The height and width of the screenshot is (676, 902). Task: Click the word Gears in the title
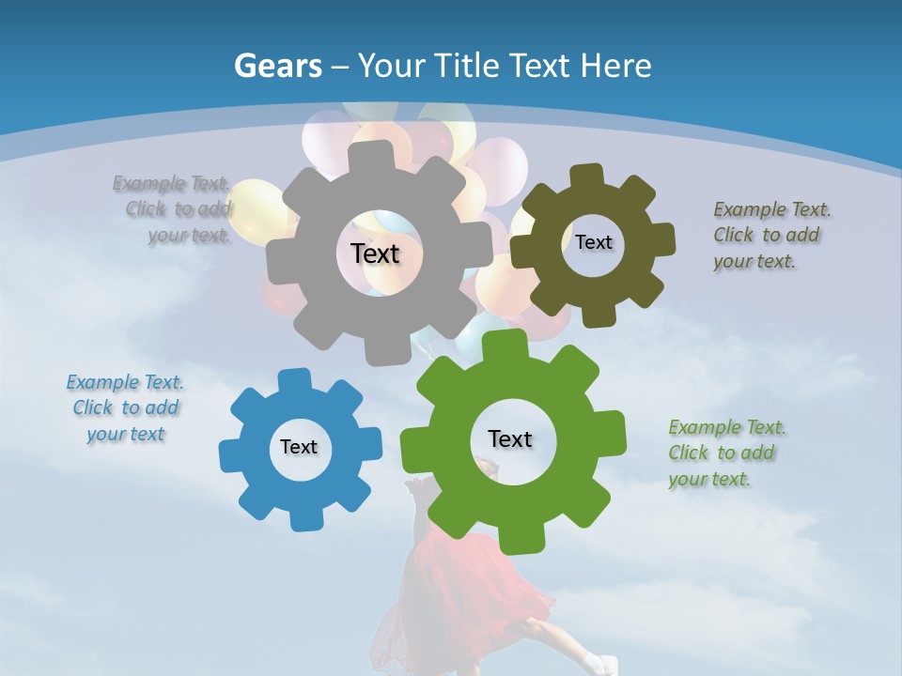click(278, 66)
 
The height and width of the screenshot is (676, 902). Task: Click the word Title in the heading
click(470, 66)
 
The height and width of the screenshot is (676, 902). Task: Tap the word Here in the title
click(615, 66)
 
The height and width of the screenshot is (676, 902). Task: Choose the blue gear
click(254, 479)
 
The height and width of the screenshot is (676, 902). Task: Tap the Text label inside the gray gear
click(375, 253)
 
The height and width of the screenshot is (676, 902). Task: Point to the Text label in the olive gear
click(593, 242)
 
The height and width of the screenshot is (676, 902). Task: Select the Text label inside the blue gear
click(299, 448)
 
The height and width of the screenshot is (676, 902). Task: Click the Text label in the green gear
click(510, 439)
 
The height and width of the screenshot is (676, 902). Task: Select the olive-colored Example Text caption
click(771, 235)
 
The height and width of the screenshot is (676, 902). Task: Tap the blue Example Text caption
click(125, 408)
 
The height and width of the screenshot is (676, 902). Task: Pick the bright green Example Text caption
click(726, 453)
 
